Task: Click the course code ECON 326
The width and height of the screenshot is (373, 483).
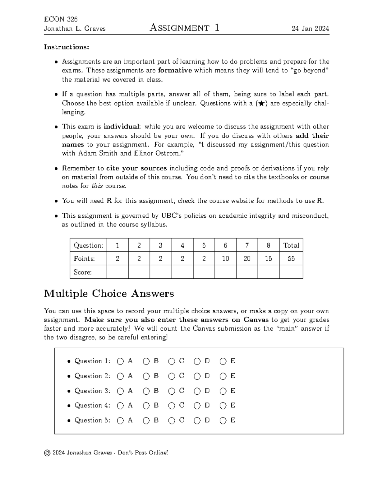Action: click(x=61, y=19)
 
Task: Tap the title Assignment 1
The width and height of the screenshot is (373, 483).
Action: click(x=184, y=28)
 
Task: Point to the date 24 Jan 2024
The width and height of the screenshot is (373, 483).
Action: click(x=310, y=29)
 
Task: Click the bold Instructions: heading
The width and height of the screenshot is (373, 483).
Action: click(x=67, y=47)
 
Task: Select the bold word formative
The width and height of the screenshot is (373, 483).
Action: click(x=175, y=71)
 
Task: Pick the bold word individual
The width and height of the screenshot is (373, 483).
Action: click(x=122, y=127)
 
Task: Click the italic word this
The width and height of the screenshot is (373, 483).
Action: click(x=97, y=186)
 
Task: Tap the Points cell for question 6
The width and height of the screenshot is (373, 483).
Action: click(x=225, y=258)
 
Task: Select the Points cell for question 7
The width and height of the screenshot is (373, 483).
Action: click(x=247, y=258)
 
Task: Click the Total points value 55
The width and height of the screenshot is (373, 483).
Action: click(x=291, y=258)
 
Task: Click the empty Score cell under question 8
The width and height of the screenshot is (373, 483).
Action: click(x=268, y=272)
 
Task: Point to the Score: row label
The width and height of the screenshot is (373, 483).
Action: click(x=83, y=272)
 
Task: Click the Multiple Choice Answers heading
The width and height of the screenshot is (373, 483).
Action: click(x=109, y=293)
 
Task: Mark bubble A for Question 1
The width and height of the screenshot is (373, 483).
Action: click(x=120, y=361)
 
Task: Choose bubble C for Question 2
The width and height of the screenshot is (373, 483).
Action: click(x=172, y=376)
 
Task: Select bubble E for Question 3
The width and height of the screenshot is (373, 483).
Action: click(x=223, y=391)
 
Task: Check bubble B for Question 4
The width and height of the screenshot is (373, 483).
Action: click(x=146, y=406)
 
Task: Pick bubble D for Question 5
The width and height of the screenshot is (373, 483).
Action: click(x=197, y=421)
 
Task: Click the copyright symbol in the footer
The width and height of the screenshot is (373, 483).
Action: click(x=47, y=453)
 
